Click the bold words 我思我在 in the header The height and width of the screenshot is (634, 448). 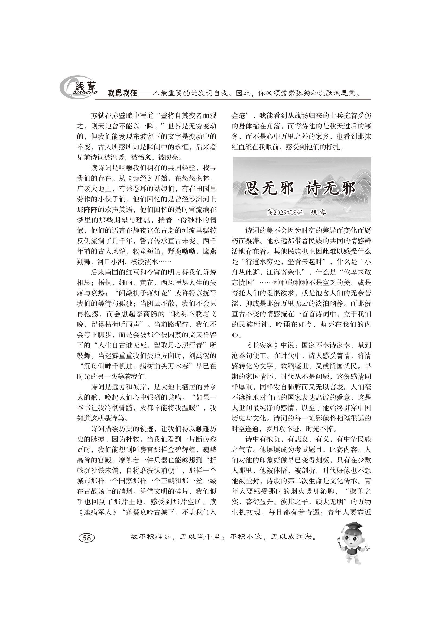pyautogui.click(x=122, y=93)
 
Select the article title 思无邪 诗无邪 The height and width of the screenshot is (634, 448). pyautogui.click(x=300, y=189)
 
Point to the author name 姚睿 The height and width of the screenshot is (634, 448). pyautogui.click(x=318, y=212)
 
